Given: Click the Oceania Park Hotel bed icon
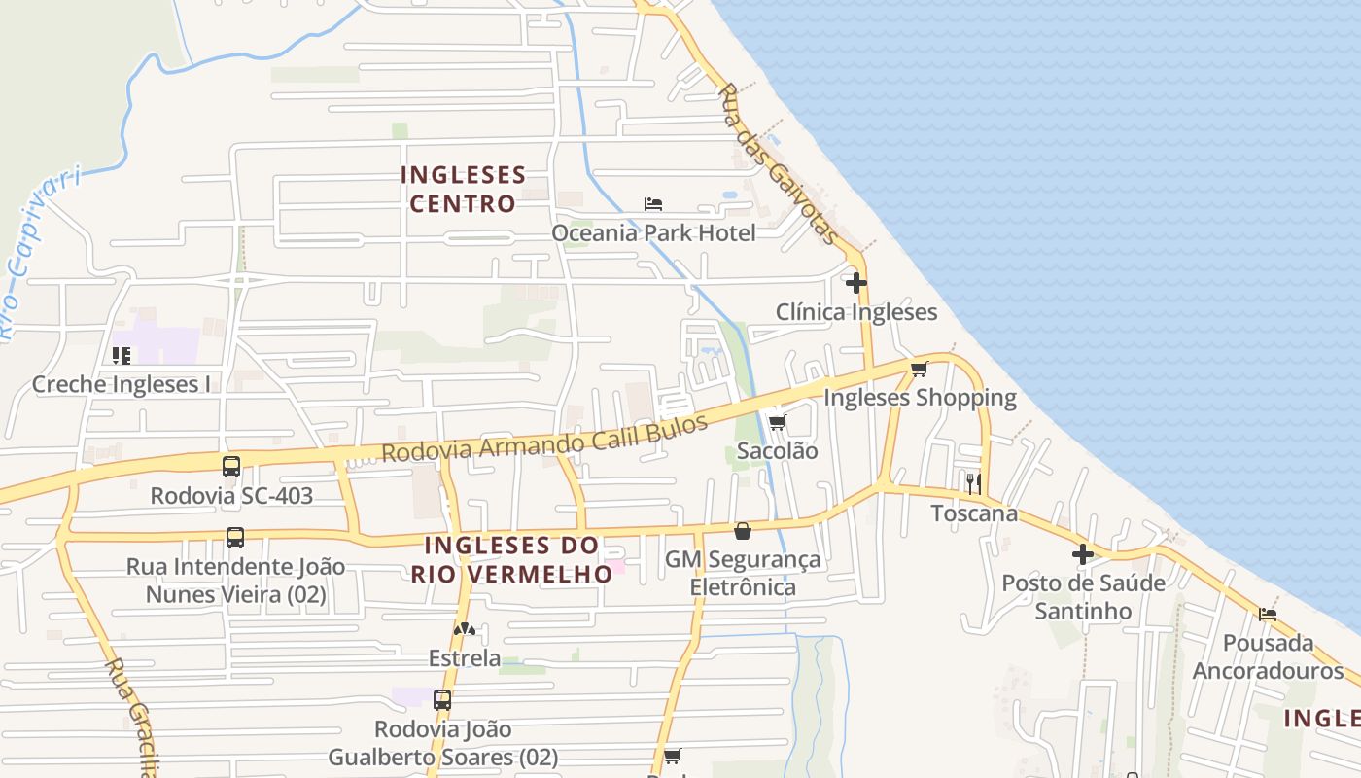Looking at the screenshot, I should [x=653, y=204].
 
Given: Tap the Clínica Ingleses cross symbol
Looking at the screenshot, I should [x=856, y=283].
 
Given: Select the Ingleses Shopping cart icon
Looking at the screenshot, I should [x=920, y=369].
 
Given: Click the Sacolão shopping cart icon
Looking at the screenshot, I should [x=777, y=422].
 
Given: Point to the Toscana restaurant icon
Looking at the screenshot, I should [x=973, y=483].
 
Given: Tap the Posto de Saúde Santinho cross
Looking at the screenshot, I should [x=1083, y=554].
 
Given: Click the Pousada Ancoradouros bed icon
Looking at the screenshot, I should [x=1268, y=614].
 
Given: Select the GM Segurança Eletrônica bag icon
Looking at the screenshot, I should [x=743, y=531].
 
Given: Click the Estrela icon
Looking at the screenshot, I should [x=465, y=629].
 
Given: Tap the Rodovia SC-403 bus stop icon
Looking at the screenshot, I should [x=231, y=466].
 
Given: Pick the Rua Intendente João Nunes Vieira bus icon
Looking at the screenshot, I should [x=235, y=537].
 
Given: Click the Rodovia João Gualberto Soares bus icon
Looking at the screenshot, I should [x=442, y=699].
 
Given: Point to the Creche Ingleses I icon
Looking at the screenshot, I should [x=122, y=355].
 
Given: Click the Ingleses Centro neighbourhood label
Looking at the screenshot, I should [x=463, y=190].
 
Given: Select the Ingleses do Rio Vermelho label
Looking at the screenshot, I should [x=511, y=559].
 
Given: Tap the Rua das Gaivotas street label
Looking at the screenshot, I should [x=778, y=163].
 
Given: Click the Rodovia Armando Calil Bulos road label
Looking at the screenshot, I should [x=544, y=443].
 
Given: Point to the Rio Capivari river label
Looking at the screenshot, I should [x=39, y=248].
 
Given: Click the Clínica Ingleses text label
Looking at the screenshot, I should [x=856, y=312].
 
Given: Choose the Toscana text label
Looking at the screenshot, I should [x=974, y=513].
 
